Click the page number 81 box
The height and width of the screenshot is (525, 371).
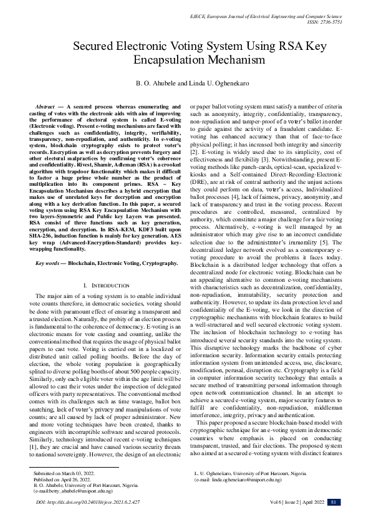pos(334,503)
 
